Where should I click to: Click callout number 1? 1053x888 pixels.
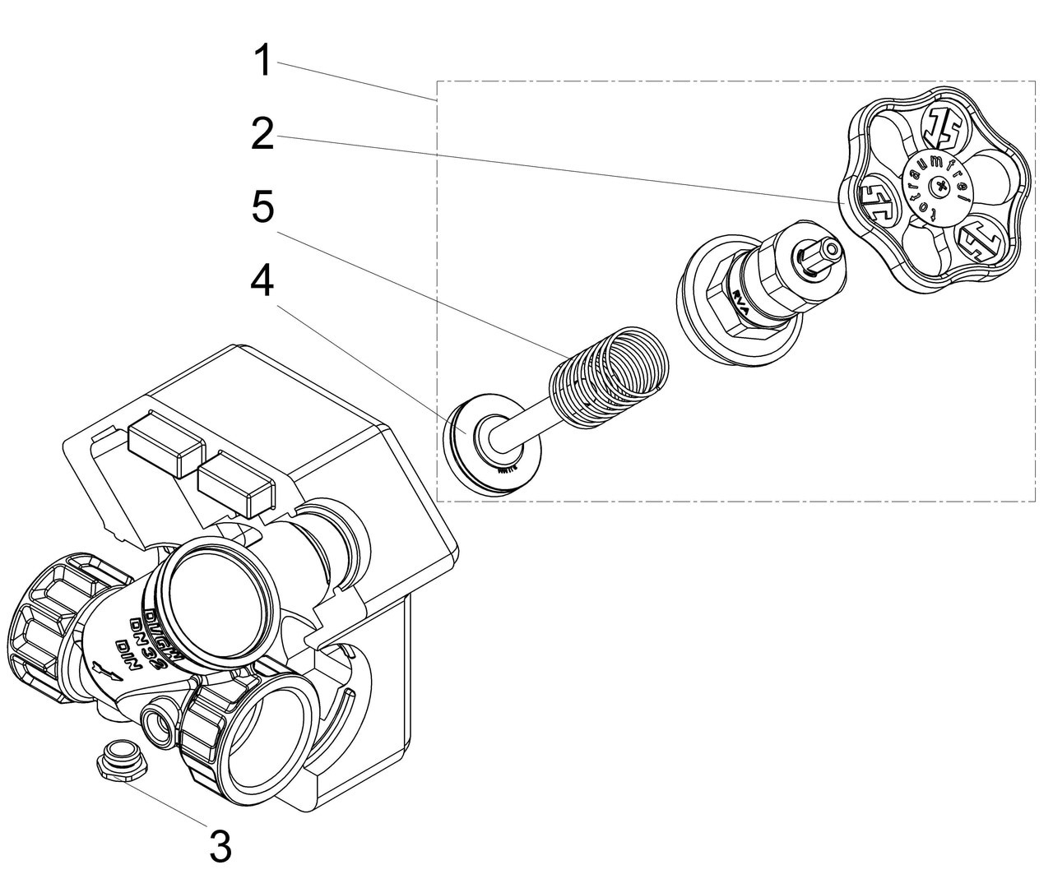[262, 62]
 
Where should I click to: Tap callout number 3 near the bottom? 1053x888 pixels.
[220, 846]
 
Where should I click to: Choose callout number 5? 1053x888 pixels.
[262, 208]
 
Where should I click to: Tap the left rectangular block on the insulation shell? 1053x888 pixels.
[165, 448]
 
